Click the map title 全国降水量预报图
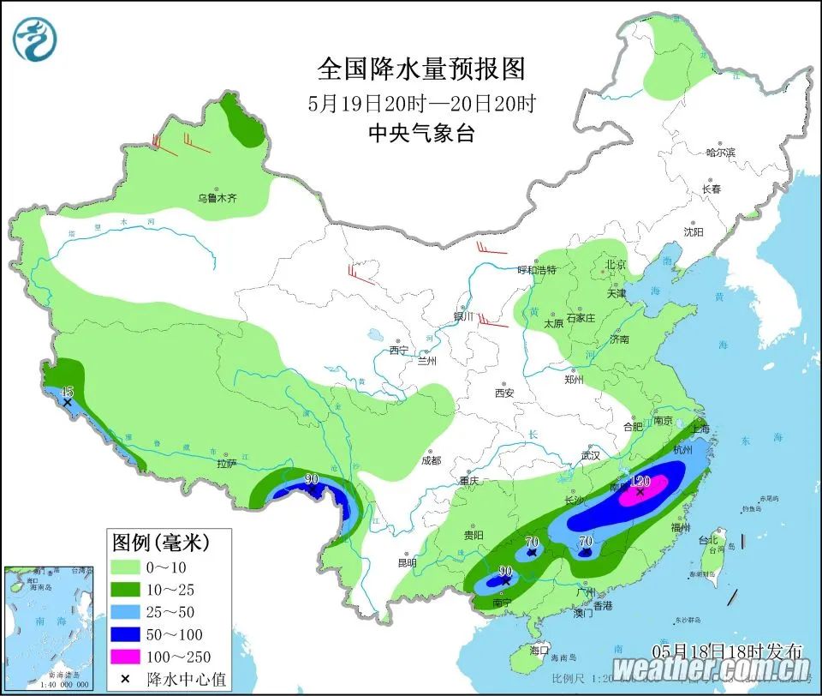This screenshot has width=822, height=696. pyautogui.click(x=420, y=69)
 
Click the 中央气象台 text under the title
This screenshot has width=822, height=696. pyautogui.click(x=420, y=133)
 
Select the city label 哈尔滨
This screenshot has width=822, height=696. pyautogui.click(x=720, y=152)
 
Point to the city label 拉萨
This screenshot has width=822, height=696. pyautogui.click(x=226, y=463)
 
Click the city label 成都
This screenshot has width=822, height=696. pyautogui.click(x=431, y=460)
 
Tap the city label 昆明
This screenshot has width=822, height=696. pyautogui.click(x=407, y=563)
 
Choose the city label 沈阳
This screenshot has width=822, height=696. pyautogui.click(x=693, y=231)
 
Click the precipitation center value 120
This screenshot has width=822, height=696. pyautogui.click(x=641, y=482)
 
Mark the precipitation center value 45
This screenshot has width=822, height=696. pyautogui.click(x=68, y=392)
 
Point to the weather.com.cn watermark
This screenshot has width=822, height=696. pyautogui.click(x=712, y=669)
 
